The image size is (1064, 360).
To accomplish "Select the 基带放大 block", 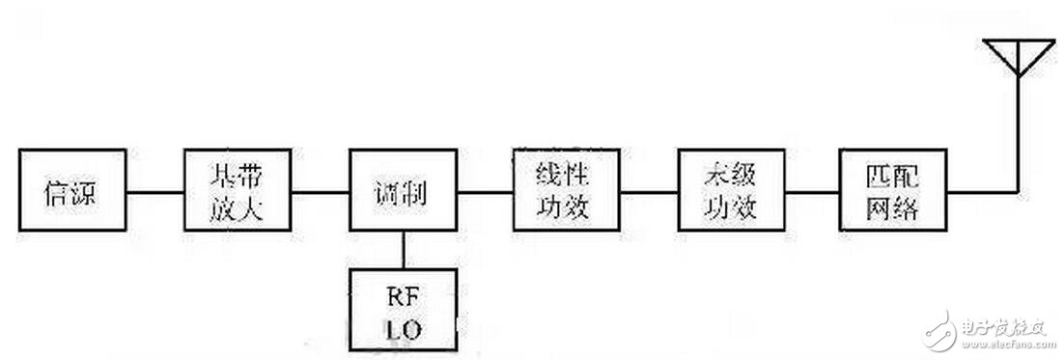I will point(238,189).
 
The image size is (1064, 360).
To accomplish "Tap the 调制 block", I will point(402,189).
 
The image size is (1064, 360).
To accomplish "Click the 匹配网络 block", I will point(893,189).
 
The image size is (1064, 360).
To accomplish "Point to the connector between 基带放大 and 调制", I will point(320,190).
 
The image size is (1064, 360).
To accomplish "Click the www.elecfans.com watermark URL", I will point(1004,344).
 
